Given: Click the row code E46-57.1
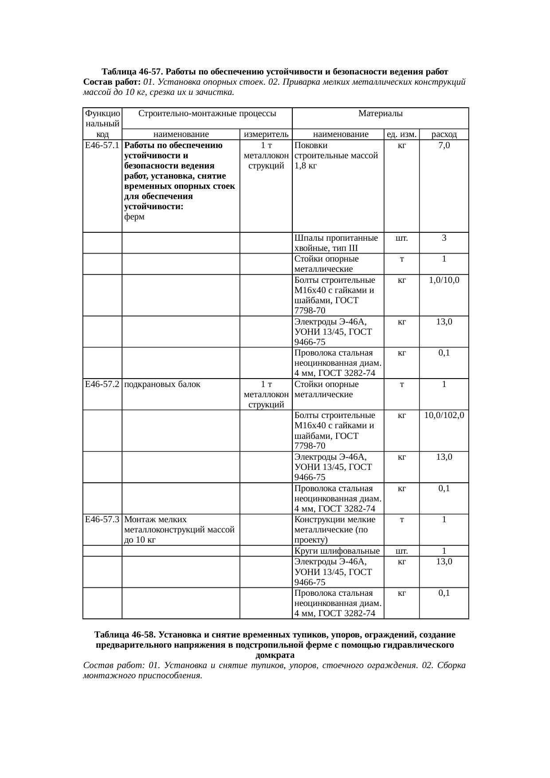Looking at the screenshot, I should pyautogui.click(x=102, y=145).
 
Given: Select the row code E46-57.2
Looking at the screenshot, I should pyautogui.click(x=102, y=384).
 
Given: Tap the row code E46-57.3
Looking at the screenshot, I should pyautogui.click(x=102, y=519).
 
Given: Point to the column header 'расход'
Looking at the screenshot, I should pyautogui.click(x=444, y=134).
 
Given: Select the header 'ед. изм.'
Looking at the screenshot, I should pyautogui.click(x=401, y=134).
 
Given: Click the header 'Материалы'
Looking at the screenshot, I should pyautogui.click(x=380, y=114).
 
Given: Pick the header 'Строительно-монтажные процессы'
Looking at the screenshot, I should pyautogui.click(x=208, y=114).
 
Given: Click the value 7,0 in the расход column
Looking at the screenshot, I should pyautogui.click(x=444, y=145).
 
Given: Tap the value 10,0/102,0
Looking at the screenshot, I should pyautogui.click(x=444, y=415).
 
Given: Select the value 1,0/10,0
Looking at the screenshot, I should pyautogui.click(x=444, y=280).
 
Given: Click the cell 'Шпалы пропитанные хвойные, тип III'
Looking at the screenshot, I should pyautogui.click(x=336, y=243).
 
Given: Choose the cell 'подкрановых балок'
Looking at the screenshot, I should pyautogui.click(x=162, y=384).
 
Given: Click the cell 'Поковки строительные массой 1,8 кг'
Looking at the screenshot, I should pyautogui.click(x=336, y=156).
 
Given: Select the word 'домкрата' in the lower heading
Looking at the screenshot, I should pyautogui.click(x=275, y=655).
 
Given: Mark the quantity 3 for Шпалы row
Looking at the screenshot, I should pyautogui.click(x=444, y=238).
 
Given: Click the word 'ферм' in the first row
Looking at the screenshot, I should pyautogui.click(x=134, y=217).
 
